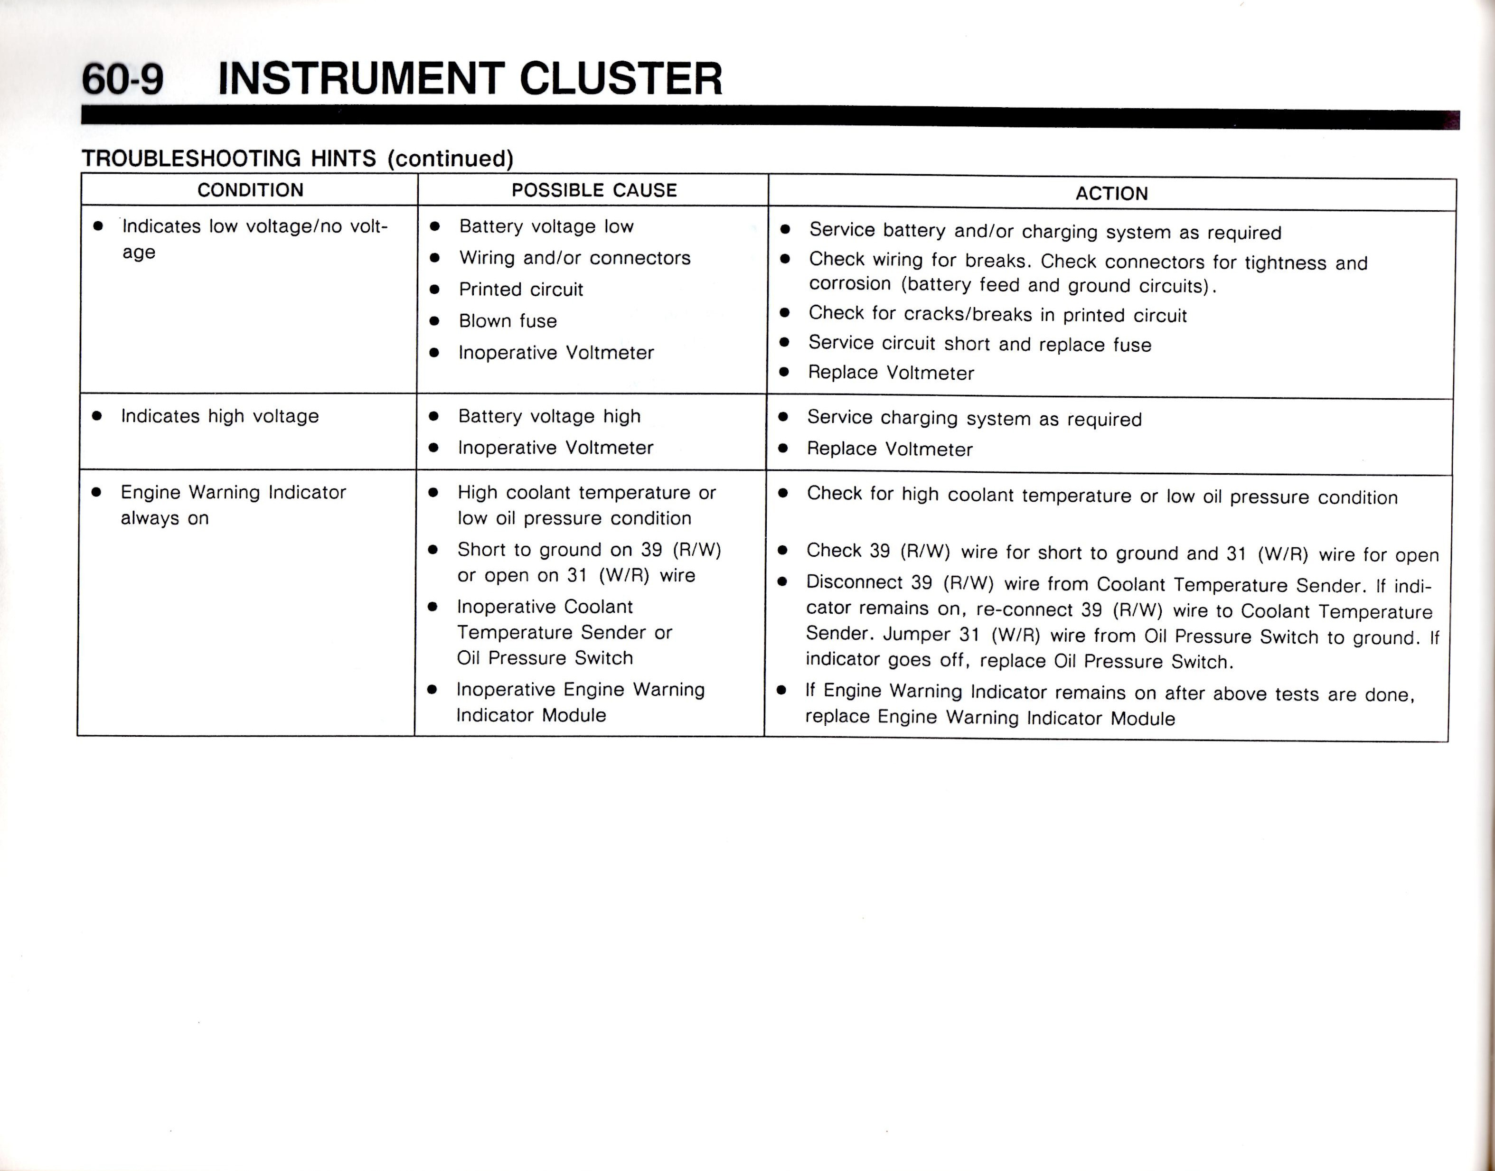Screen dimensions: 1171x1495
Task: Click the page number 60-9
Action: [x=123, y=78]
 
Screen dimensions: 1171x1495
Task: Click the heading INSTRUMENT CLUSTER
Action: [x=470, y=78]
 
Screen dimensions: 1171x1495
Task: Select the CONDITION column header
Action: [x=250, y=190]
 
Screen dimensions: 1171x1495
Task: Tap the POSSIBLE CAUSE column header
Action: [x=594, y=190]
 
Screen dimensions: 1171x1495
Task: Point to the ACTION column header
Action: [x=1111, y=193]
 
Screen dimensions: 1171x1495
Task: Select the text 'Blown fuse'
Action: [x=508, y=321]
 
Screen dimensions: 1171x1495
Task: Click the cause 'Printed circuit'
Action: [x=520, y=290]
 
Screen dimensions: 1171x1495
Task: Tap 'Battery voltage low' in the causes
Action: [x=546, y=226]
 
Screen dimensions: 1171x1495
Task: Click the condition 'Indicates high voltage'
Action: [x=219, y=416]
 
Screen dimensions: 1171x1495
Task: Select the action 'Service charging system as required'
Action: [x=974, y=418]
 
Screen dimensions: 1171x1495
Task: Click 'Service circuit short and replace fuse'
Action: [x=979, y=344]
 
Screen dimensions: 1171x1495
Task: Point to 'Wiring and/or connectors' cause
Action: [x=574, y=258]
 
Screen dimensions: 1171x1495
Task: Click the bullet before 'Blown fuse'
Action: [x=434, y=321]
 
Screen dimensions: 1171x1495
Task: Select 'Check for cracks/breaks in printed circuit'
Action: [x=997, y=314]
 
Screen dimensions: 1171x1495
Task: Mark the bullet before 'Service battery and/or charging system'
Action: [x=786, y=230]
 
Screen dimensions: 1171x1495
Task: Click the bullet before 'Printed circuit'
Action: [x=434, y=290]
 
